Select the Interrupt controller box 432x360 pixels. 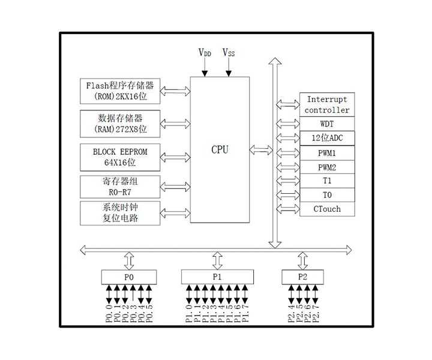point(327,104)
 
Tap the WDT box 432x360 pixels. point(327,124)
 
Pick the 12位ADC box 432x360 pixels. point(327,139)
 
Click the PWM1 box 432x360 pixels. point(327,153)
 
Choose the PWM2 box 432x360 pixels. point(327,167)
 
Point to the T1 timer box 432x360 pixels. point(327,181)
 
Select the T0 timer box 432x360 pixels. point(327,195)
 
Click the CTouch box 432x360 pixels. point(327,209)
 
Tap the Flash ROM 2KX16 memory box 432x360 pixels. point(120,91)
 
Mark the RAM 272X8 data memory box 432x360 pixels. point(120,122)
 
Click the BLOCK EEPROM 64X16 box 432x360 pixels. point(120,157)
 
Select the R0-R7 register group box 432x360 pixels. point(120,186)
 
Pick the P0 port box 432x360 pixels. point(129,277)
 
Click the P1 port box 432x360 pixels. point(217,277)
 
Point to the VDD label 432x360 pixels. point(205,53)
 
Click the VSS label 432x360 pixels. point(229,53)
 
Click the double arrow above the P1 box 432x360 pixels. point(217,260)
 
